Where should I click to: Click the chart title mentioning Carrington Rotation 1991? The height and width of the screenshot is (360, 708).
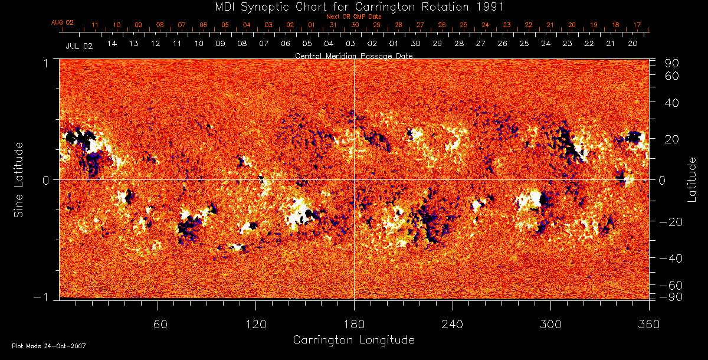(353, 6)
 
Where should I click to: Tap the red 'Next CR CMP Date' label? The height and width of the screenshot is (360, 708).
(354, 17)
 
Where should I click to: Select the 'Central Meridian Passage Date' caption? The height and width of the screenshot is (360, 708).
(353, 55)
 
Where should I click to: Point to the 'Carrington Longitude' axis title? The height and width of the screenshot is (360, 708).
(353, 340)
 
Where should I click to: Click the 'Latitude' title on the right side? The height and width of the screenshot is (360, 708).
(691, 179)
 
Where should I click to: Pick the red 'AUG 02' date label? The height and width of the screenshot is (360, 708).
(62, 22)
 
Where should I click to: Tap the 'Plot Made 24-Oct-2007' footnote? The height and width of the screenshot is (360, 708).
(49, 346)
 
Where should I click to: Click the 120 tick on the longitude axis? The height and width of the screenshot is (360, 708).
(255, 324)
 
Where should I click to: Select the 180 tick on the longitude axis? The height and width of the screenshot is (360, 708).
(354, 324)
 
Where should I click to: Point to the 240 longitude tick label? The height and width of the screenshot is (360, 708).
(453, 324)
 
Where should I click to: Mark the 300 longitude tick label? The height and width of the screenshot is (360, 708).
(550, 324)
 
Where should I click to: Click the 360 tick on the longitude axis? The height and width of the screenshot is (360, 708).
(649, 324)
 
